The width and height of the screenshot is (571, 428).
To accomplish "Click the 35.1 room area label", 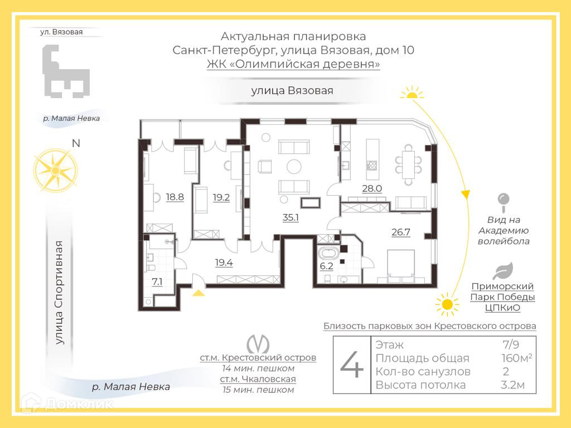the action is click(x=291, y=217).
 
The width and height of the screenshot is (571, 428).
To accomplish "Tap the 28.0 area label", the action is click(x=372, y=188).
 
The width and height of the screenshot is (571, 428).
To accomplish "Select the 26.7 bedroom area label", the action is click(x=401, y=232).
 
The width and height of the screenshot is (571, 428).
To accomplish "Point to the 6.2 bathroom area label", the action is click(x=326, y=266).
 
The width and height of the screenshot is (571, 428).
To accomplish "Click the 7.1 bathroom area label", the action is click(x=157, y=281).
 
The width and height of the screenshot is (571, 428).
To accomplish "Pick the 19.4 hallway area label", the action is click(x=224, y=262).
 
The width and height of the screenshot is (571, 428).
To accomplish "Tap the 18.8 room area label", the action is click(x=175, y=196).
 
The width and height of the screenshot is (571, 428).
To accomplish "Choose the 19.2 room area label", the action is click(x=221, y=196).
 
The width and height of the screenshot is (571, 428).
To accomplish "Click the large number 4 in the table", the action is click(x=352, y=366).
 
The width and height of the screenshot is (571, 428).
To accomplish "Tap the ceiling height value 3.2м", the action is click(x=513, y=385).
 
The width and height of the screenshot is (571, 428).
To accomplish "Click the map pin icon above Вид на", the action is click(x=504, y=202).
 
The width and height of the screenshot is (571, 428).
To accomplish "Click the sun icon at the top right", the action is click(x=413, y=93).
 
